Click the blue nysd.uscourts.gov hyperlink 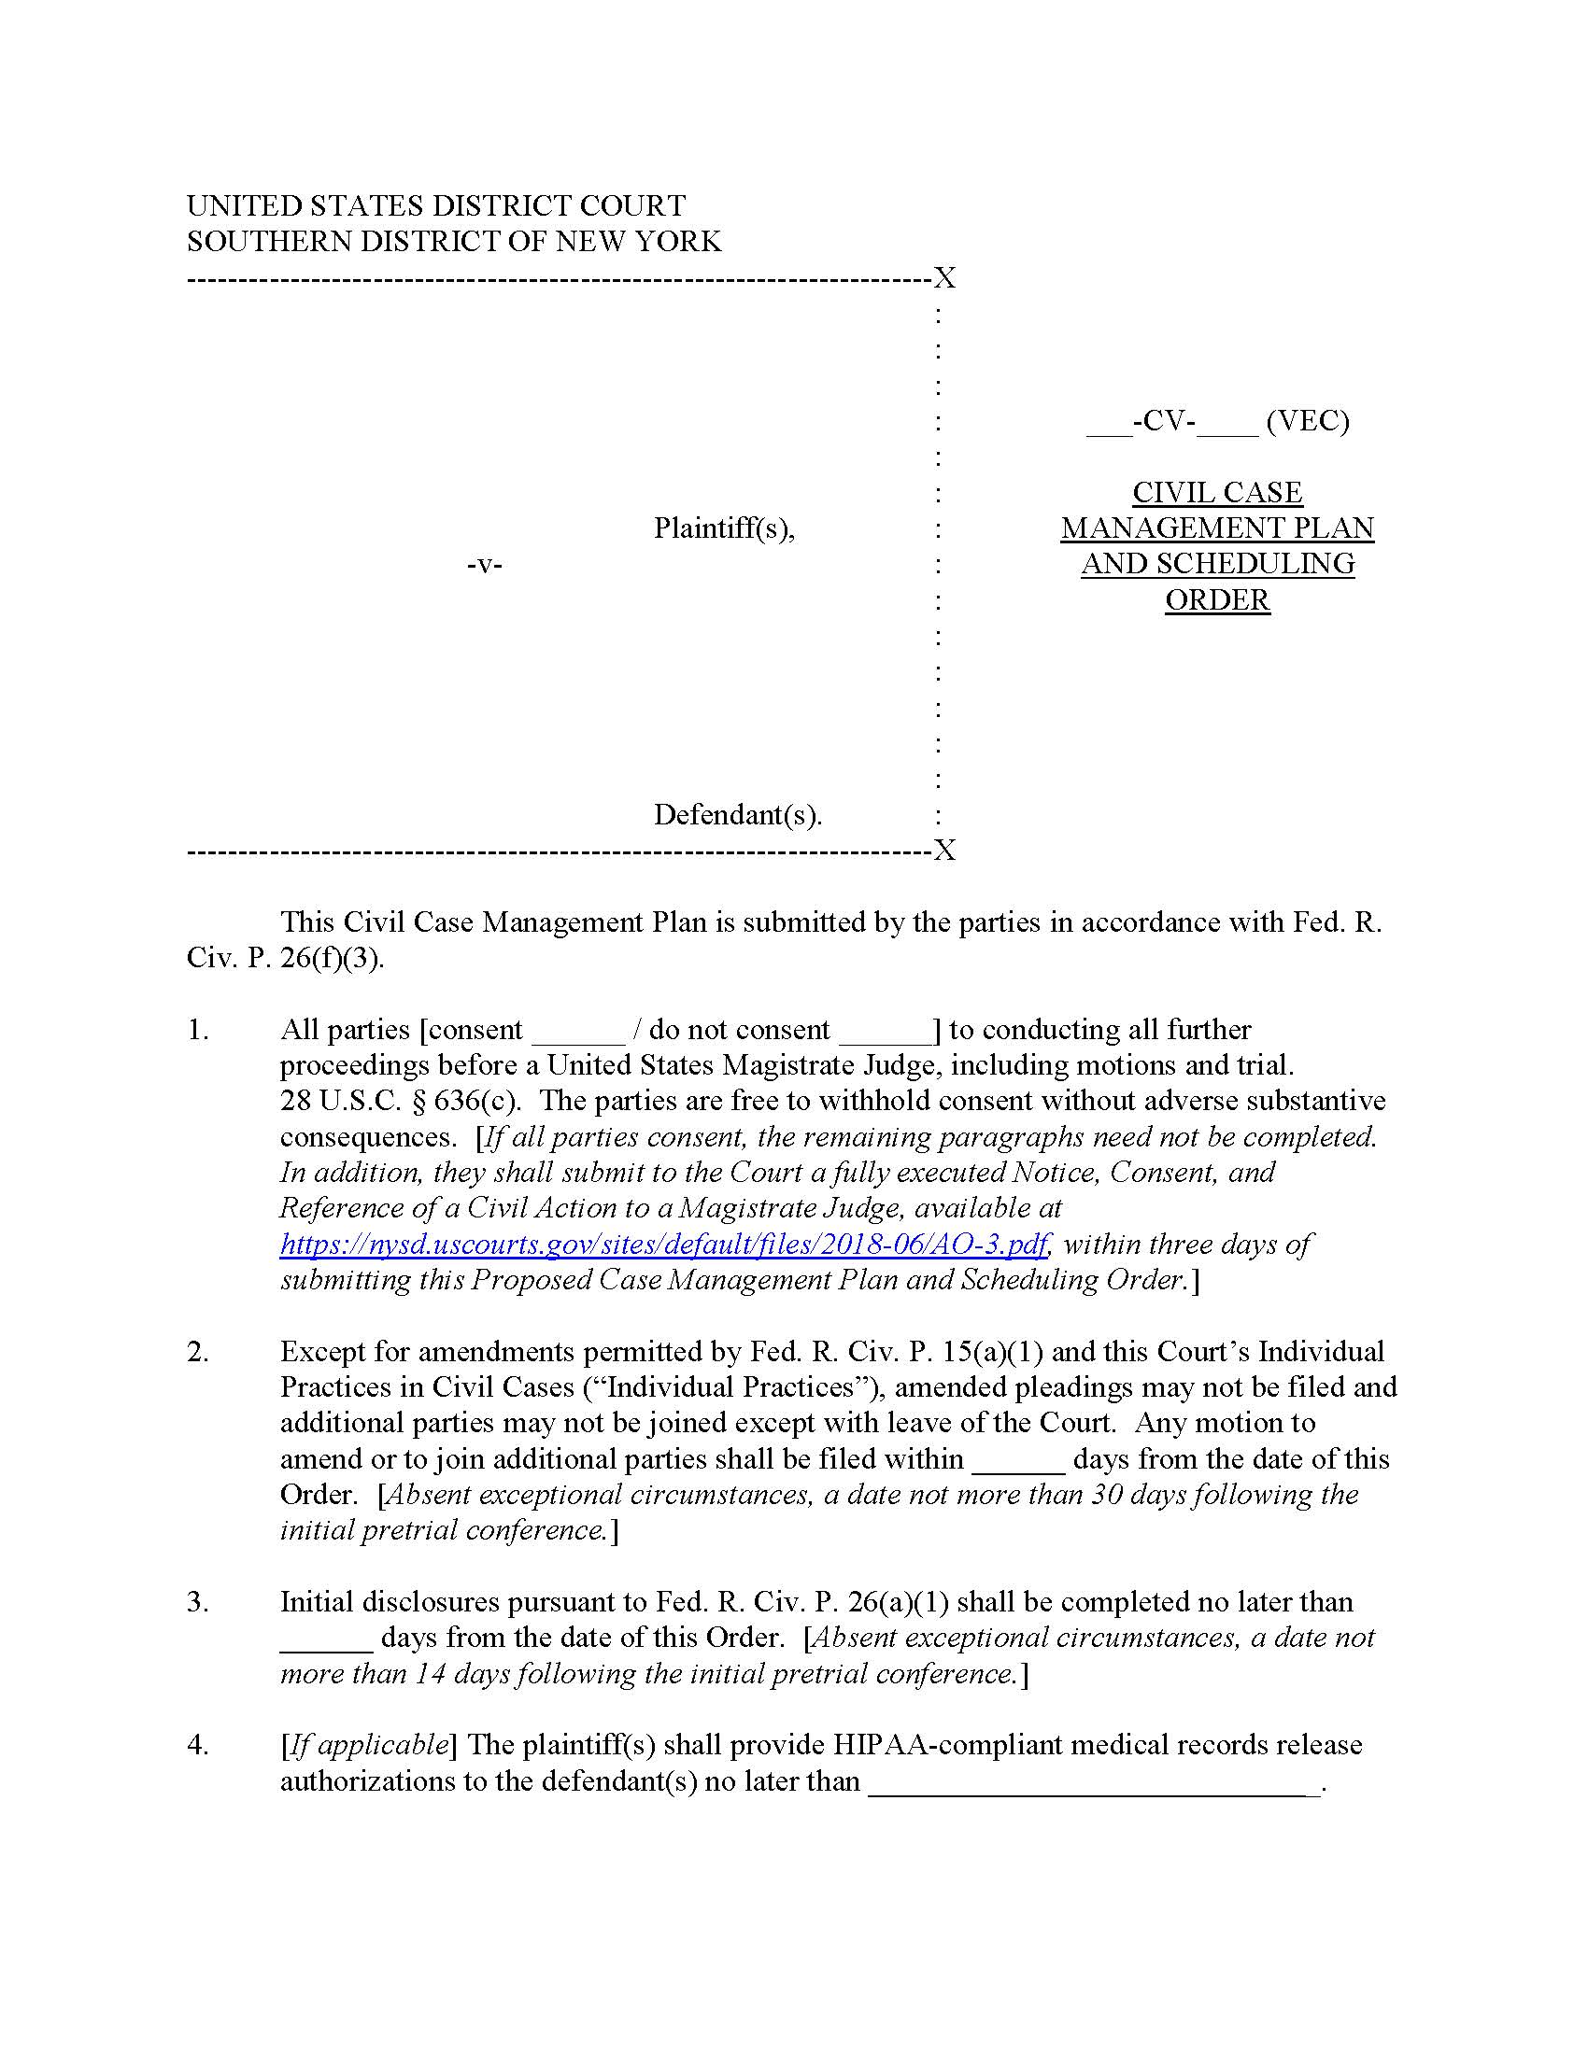(664, 1245)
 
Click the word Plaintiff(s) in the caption (723, 528)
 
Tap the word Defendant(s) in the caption (737, 814)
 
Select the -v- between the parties (485, 565)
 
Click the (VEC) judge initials (1307, 420)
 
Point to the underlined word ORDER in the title (1217, 600)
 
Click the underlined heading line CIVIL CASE (1217, 493)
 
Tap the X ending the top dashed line (944, 278)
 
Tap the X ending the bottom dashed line (944, 851)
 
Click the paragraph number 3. (197, 1602)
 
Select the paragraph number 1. (197, 1030)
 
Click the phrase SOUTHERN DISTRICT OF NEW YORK (453, 243)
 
